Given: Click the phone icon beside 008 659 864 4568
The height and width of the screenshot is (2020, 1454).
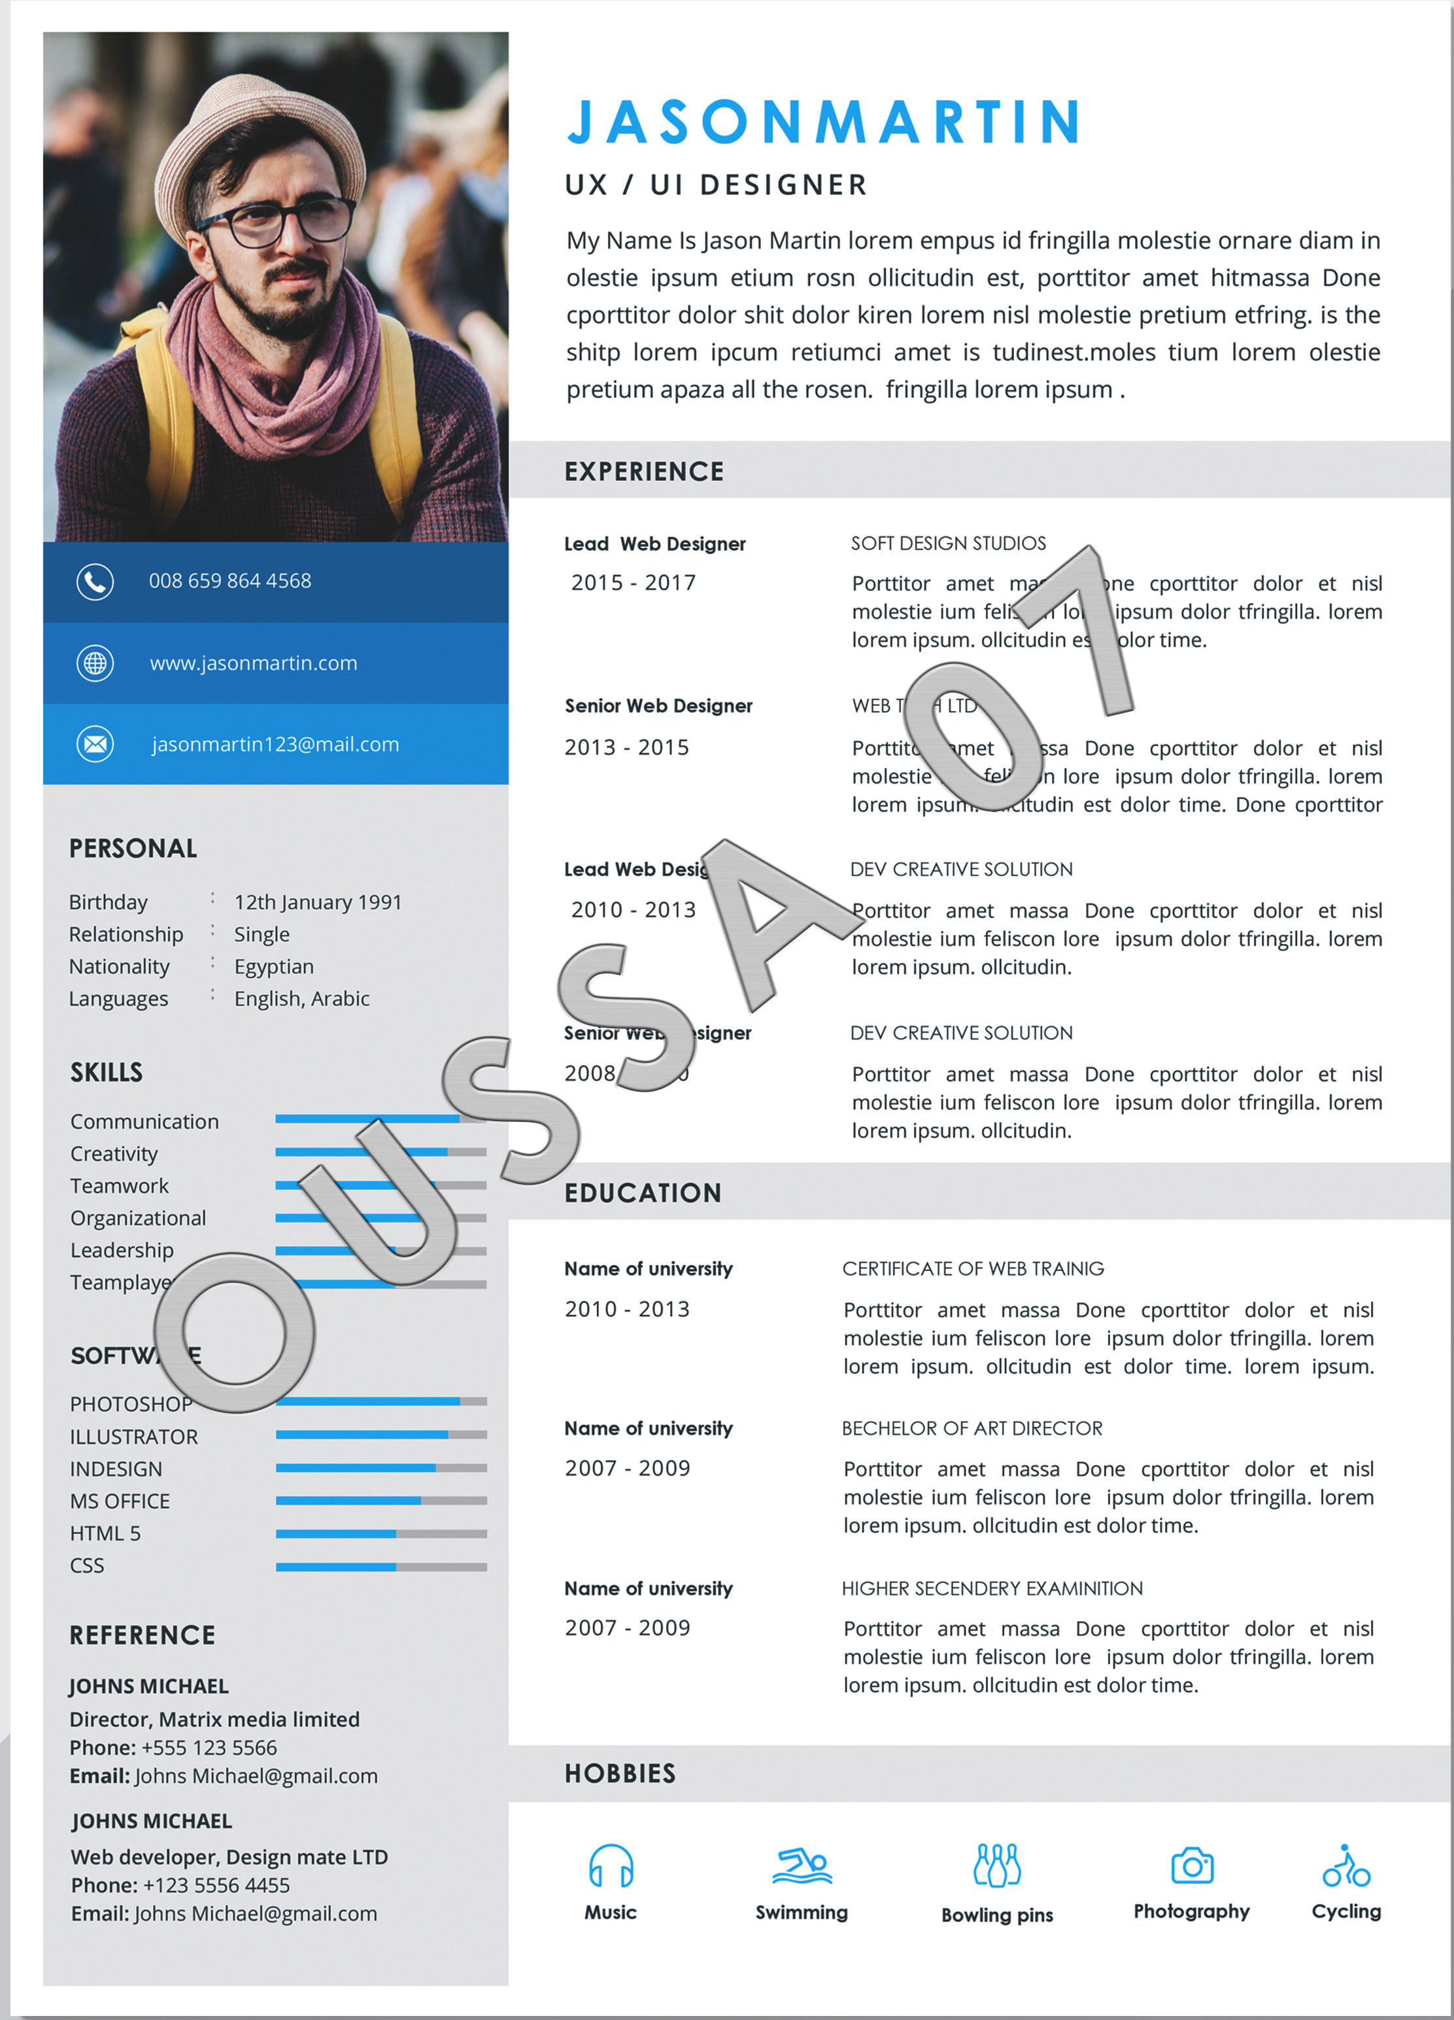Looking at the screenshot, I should (x=95, y=582).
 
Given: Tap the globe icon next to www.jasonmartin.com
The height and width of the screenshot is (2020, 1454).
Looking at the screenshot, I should (x=95, y=663).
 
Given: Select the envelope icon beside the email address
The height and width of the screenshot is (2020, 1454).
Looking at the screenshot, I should (x=95, y=744).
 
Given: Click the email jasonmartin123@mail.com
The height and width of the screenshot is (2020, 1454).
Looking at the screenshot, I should (x=275, y=744).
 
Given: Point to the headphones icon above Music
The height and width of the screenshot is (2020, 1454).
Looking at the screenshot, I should (x=611, y=1866).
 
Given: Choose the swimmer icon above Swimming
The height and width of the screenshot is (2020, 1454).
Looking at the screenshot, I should (x=802, y=1866).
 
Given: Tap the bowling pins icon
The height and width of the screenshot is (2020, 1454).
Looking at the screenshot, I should (x=997, y=1865).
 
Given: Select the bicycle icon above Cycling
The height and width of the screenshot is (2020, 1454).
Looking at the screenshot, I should (x=1346, y=1866).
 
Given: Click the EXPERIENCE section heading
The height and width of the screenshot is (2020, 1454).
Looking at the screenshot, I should (x=645, y=471).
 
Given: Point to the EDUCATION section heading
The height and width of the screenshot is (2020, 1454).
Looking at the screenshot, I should (x=643, y=1193).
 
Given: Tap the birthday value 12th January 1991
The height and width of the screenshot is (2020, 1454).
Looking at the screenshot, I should (x=318, y=902).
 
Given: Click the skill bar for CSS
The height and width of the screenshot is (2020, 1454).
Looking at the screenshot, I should (x=381, y=1567).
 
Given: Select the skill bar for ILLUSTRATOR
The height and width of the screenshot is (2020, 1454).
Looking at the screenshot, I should (x=381, y=1435).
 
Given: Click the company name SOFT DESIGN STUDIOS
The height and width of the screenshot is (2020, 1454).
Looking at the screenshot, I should (x=948, y=544).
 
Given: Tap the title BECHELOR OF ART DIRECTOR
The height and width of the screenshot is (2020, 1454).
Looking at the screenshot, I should (x=972, y=1429).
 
